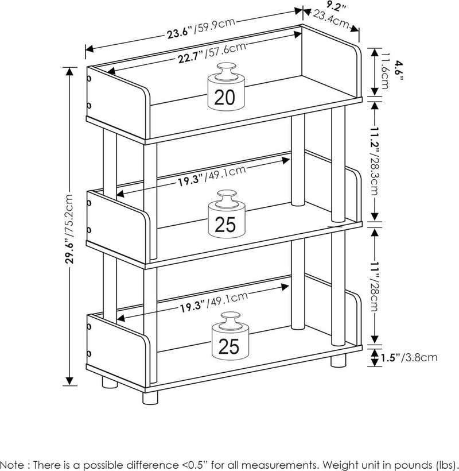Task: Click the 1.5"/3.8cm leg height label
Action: (x=410, y=357)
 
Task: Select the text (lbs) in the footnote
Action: (x=445, y=463)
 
